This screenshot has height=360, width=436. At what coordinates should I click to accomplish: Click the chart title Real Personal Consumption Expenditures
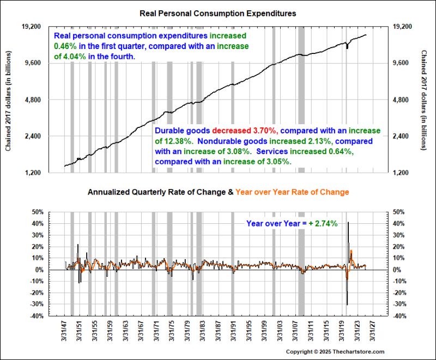tap(217, 13)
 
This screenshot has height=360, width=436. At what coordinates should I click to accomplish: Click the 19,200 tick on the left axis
tap(31, 27)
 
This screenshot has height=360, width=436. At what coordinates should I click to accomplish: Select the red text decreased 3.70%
tap(246, 131)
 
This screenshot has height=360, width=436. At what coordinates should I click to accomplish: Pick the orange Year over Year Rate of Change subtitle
tap(298, 192)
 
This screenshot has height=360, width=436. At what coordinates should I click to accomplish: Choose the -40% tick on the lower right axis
tap(399, 316)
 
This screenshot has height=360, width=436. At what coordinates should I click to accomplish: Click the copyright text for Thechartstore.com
tap(335, 352)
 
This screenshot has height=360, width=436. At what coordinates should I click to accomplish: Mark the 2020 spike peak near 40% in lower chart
tap(348, 222)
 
